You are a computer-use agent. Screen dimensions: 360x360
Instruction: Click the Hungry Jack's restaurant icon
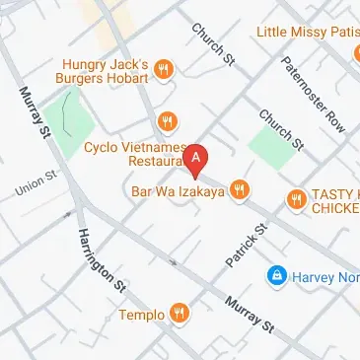(164, 69)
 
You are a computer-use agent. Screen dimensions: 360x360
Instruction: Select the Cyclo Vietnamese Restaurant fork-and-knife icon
(169, 121)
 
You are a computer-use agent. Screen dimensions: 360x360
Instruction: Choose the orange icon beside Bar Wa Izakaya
(239, 190)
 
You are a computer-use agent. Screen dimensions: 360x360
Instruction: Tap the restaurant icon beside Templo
(180, 314)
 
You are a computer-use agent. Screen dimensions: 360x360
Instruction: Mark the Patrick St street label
(247, 247)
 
